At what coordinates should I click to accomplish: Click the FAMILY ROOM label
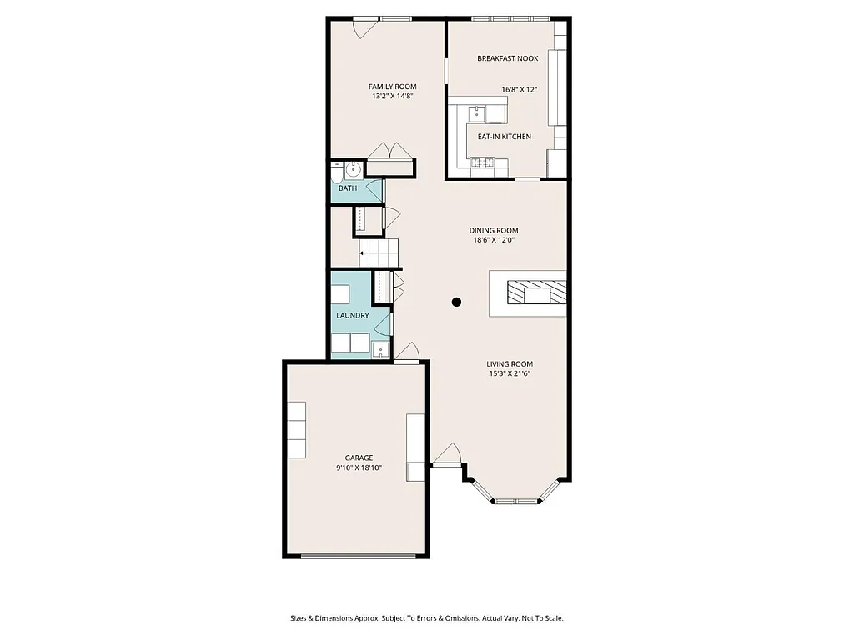(393, 87)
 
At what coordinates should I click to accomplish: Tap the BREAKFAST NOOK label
(507, 58)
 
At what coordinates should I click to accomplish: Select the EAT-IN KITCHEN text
(504, 137)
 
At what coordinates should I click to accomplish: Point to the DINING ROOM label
(494, 231)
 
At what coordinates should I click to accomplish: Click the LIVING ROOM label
(510, 363)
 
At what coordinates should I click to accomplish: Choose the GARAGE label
(359, 457)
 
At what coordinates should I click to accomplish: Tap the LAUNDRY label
(353, 316)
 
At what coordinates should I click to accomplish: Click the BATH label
(348, 188)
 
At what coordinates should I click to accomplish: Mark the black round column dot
(456, 302)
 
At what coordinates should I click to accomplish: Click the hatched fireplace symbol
(537, 293)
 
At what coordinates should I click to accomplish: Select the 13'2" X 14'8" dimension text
(393, 97)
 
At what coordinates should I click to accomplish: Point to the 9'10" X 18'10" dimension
(359, 467)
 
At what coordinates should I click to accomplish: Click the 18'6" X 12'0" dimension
(494, 241)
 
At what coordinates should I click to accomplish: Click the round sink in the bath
(352, 170)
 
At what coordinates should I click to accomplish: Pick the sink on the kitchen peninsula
(479, 112)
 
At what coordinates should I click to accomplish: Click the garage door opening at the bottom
(359, 555)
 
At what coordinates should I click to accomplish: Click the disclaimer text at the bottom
(427, 618)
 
